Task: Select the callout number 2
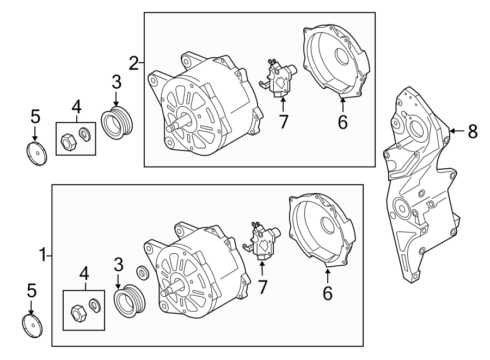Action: [134, 63]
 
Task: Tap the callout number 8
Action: [473, 131]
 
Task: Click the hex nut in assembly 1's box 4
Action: [78, 313]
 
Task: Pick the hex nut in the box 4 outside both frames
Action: [68, 142]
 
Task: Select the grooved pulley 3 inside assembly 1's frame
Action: [128, 301]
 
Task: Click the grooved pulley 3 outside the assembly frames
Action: [117, 123]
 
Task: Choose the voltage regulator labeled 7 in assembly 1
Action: [261, 241]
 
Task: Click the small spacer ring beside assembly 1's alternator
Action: [143, 272]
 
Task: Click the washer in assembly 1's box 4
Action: [95, 305]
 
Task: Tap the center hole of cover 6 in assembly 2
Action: [341, 57]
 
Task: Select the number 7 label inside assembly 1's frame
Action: [262, 287]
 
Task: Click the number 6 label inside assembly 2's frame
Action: [342, 122]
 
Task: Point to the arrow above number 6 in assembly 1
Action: [327, 275]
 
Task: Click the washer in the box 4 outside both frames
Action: [84, 134]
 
